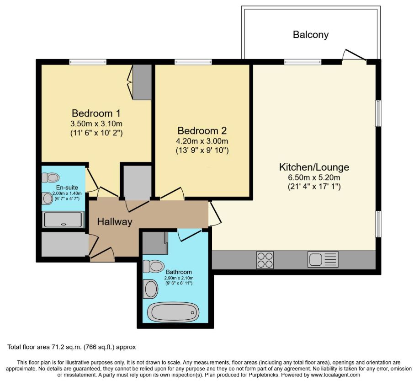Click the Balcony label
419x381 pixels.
(311, 35)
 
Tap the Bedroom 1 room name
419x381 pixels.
(96, 113)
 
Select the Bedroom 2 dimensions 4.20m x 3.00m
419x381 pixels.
(202, 141)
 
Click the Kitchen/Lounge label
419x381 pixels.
(314, 167)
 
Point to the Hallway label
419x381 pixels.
(115, 222)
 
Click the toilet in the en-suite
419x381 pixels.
(51, 177)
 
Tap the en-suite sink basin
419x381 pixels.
(48, 199)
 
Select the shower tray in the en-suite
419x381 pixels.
(64, 220)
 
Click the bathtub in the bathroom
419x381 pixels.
(174, 312)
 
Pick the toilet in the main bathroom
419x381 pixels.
(154, 266)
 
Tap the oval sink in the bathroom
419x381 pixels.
(150, 289)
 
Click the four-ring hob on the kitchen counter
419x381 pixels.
(265, 260)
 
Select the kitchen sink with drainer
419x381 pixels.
(323, 259)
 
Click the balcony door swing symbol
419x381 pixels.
(354, 55)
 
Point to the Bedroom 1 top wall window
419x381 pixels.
(88, 62)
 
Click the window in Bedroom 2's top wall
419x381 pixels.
(193, 62)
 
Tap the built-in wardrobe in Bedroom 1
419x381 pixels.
(143, 82)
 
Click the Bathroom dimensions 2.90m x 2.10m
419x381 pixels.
(179, 278)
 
